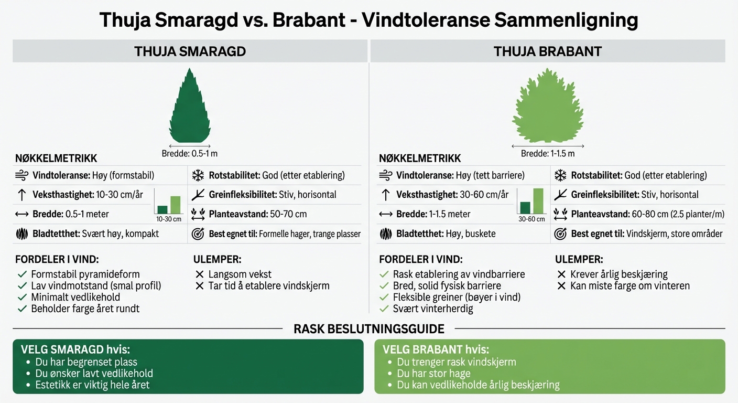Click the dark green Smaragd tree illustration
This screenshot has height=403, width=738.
point(190,108)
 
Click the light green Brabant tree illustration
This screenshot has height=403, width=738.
point(548,108)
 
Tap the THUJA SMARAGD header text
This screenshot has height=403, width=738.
point(190,51)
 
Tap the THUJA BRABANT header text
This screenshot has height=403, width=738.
point(548,51)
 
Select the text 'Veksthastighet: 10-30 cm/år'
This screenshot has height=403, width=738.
point(88,195)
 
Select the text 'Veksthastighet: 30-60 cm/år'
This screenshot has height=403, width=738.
point(452,195)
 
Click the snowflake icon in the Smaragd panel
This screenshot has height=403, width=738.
point(198,175)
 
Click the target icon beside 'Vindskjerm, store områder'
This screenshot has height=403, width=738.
point(560,234)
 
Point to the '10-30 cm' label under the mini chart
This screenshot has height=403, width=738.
point(168,219)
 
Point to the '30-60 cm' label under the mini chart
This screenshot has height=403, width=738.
point(531,219)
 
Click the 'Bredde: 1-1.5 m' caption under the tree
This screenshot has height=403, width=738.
point(548,154)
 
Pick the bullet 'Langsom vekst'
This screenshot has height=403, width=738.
point(240,274)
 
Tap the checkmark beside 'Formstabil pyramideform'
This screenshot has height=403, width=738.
point(22,274)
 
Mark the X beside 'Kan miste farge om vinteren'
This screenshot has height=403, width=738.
point(561,286)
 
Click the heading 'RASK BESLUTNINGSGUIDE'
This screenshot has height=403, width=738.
point(369,329)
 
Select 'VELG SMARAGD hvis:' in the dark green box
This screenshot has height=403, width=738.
point(75,349)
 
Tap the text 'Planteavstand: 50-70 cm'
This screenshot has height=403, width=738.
point(257,214)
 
